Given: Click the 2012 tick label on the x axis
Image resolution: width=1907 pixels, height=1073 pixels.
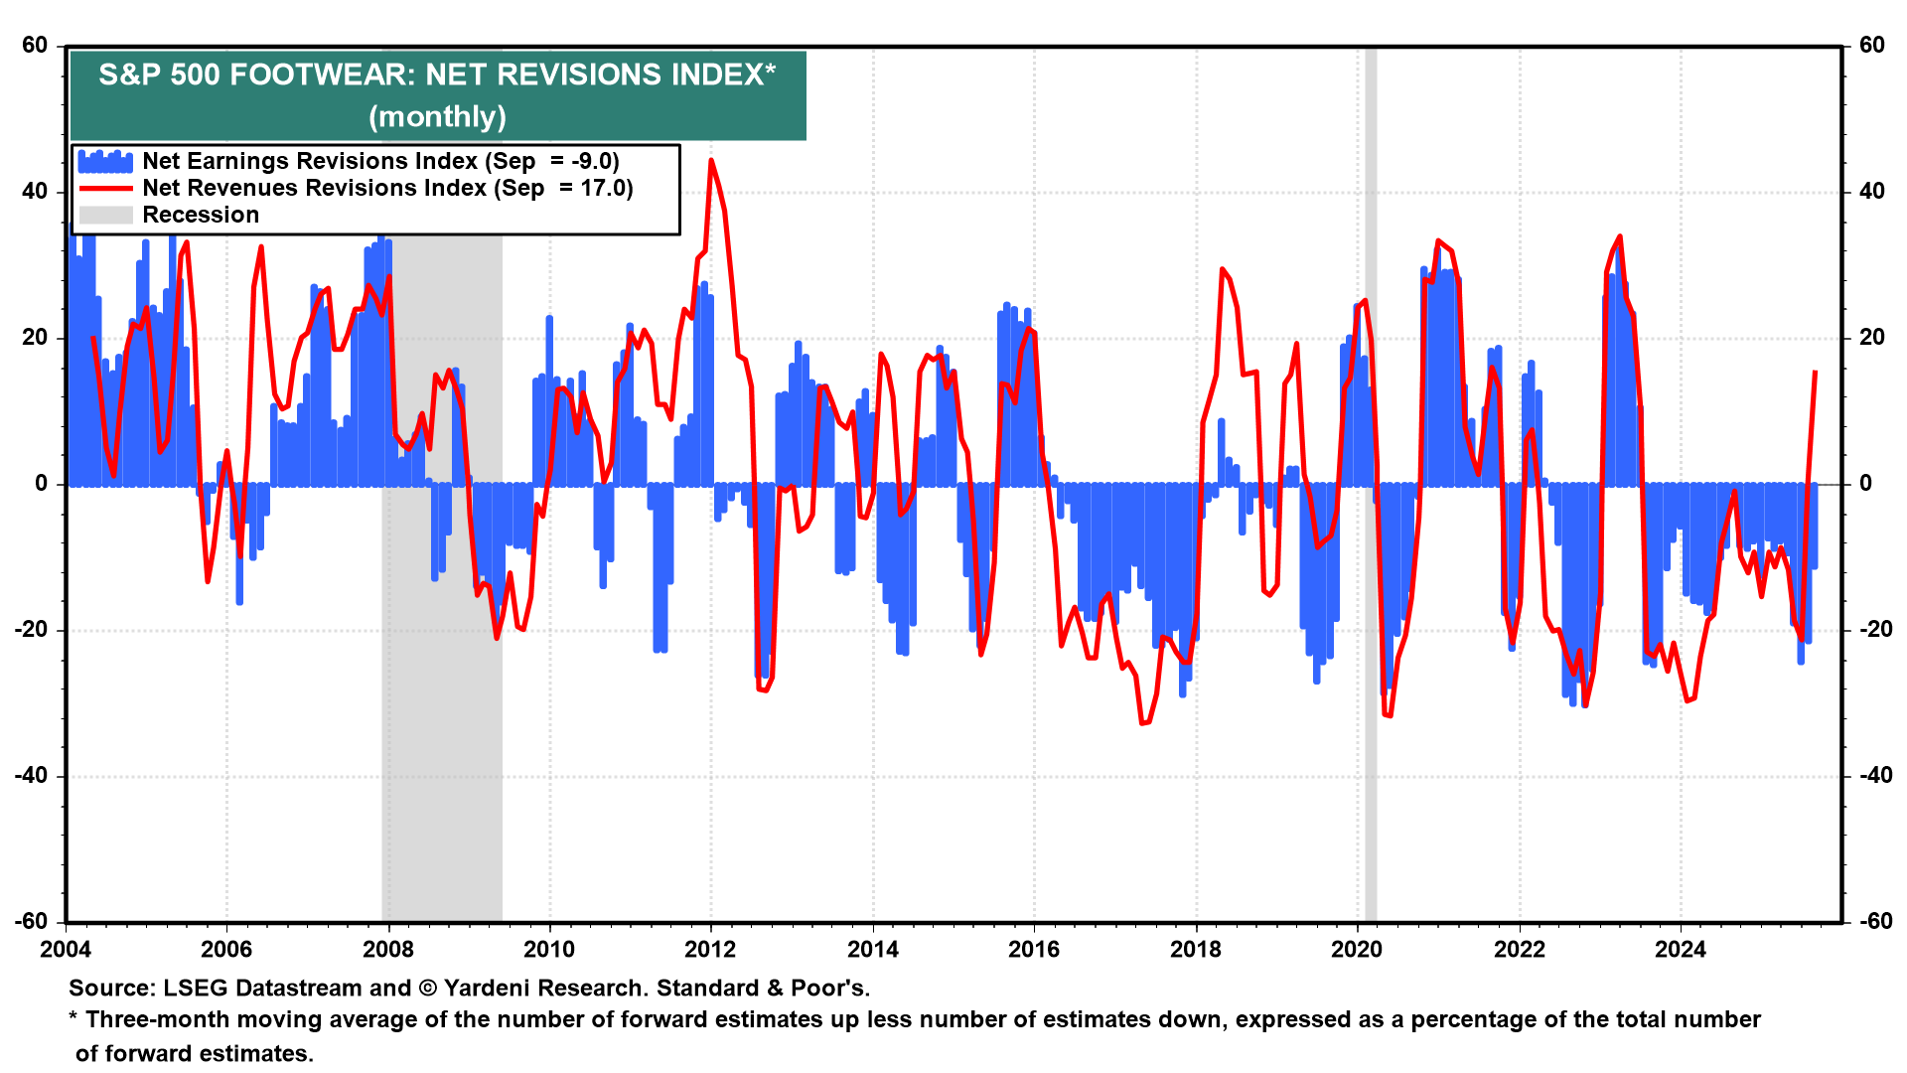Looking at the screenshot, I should [x=710, y=950].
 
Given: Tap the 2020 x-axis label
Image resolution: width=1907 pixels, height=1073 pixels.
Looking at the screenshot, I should [x=1357, y=950].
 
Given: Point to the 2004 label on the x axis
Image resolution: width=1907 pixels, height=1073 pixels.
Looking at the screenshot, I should [x=66, y=950].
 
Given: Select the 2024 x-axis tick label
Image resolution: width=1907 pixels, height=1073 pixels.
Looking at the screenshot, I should [x=1680, y=950].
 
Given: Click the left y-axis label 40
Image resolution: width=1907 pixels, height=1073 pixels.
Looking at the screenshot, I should [x=35, y=192].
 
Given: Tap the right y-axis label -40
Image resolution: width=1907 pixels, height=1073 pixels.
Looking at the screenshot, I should [x=1871, y=776].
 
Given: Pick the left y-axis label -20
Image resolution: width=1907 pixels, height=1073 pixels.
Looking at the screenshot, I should [x=31, y=630].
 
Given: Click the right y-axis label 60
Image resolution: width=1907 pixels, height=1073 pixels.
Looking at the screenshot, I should [x=1871, y=46].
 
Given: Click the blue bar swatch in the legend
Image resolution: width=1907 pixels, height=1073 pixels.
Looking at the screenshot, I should [x=105, y=162].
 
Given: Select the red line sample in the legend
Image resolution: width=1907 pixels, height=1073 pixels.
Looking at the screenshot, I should [x=105, y=189].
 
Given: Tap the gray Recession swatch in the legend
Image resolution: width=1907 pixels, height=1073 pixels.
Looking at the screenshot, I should [x=105, y=216].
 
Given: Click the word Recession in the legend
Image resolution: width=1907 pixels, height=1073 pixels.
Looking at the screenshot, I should [x=201, y=216].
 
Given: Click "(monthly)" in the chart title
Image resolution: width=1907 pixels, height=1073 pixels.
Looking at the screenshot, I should [x=437, y=117].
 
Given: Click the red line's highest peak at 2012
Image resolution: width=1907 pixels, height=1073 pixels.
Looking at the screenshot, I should [x=711, y=160].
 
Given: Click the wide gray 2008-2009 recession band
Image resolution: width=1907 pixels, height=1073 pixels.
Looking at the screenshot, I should [x=442, y=695].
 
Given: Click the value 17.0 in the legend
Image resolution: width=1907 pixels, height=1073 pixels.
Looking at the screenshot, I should [x=606, y=189].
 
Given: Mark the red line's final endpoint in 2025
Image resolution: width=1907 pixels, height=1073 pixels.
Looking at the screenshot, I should [x=1816, y=372].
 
